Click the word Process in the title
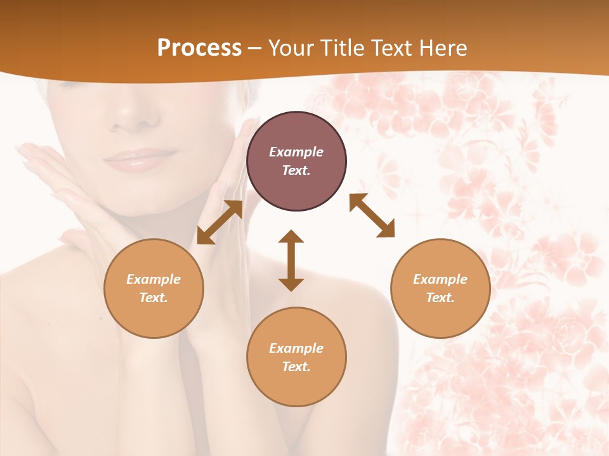(199, 48)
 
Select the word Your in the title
(289, 48)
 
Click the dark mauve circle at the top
(296, 161)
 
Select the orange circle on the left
(154, 289)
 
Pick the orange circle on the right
(440, 289)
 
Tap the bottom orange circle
(296, 357)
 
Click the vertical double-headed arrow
(291, 260)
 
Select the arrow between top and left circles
(220, 222)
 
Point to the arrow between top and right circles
(372, 216)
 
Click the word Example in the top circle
(296, 152)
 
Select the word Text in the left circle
(154, 298)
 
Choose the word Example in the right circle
(440, 279)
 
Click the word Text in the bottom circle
(296, 367)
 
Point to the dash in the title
(255, 49)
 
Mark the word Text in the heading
(389, 48)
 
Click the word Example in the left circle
(154, 279)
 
